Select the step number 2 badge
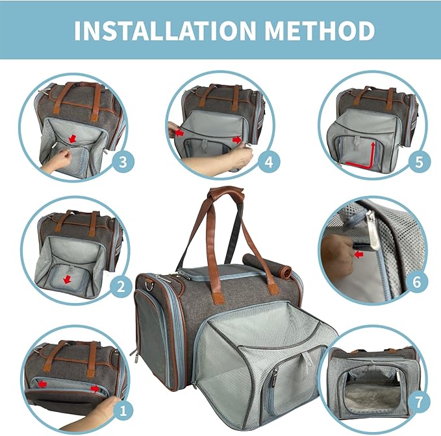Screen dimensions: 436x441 click(120, 286)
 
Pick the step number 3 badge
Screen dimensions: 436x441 click(121, 160)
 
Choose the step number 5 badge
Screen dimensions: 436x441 click(420, 161)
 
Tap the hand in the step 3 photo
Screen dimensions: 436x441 click(57, 160)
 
